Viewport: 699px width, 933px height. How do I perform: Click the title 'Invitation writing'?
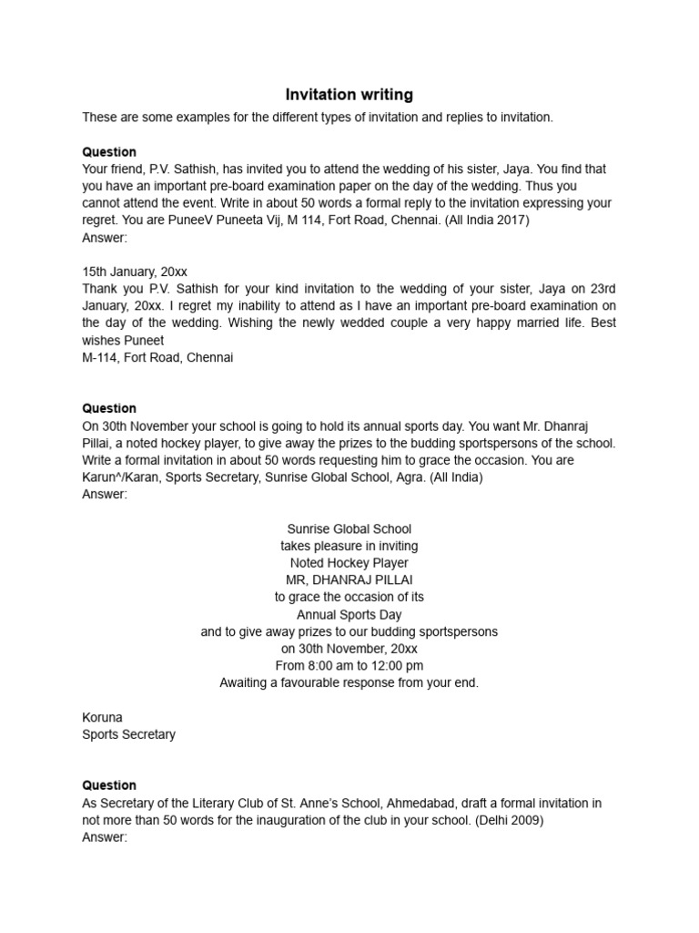click(349, 95)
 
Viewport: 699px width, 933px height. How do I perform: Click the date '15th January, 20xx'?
click(135, 272)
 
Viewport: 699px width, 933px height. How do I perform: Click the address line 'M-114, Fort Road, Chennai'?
click(157, 357)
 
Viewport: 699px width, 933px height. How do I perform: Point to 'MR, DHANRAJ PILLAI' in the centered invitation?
click(349, 580)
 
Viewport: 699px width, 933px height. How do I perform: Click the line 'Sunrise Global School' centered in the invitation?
click(349, 528)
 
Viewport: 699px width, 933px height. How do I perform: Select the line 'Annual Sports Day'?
click(349, 615)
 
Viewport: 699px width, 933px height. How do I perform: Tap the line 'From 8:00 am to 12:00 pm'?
click(349, 666)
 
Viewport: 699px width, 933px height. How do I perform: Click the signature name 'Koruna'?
click(102, 717)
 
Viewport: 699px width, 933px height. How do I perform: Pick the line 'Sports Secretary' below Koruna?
click(128, 734)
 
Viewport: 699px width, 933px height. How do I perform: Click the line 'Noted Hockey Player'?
click(349, 563)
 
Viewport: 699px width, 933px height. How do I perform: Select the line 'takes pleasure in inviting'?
click(349, 546)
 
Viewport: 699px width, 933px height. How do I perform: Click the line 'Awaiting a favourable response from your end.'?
click(349, 682)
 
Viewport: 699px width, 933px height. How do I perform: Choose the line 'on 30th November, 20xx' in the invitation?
click(349, 649)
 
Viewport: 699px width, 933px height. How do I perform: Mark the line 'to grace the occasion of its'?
click(349, 598)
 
